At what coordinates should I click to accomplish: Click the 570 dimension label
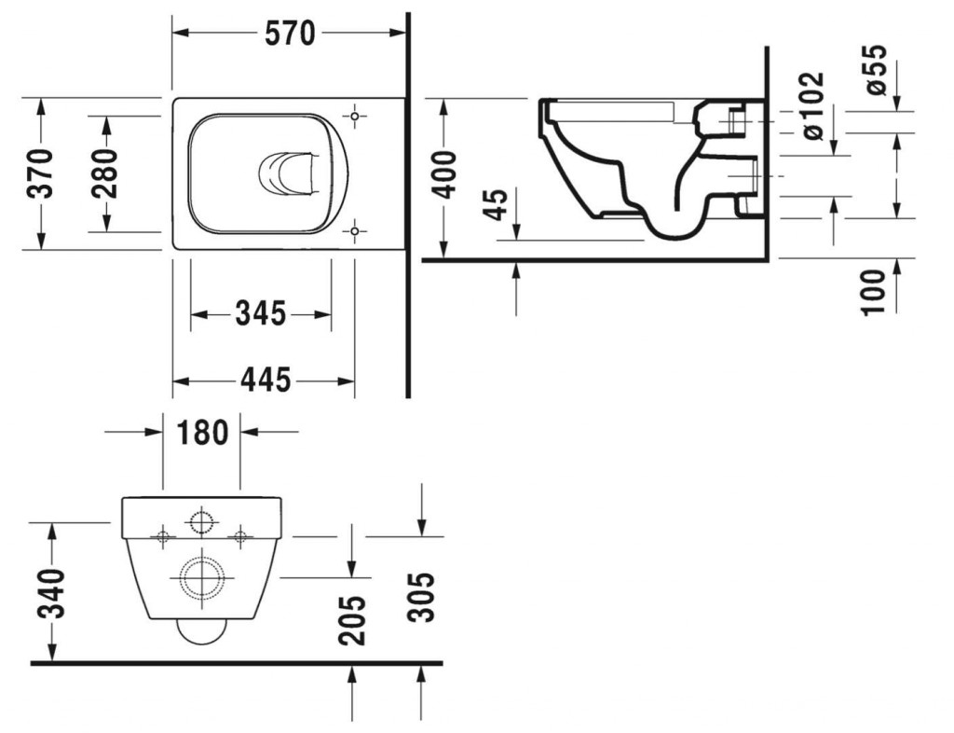(290, 34)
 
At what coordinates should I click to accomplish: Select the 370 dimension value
(42, 173)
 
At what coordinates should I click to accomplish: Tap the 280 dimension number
(104, 173)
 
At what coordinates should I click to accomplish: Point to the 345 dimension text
(261, 314)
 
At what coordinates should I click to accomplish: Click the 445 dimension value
(266, 381)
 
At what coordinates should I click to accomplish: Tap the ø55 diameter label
(876, 69)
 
